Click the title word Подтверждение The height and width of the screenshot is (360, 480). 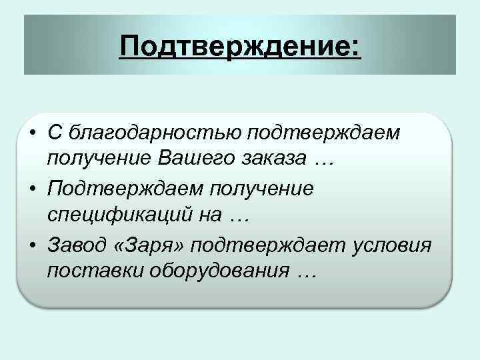[x=236, y=47]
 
